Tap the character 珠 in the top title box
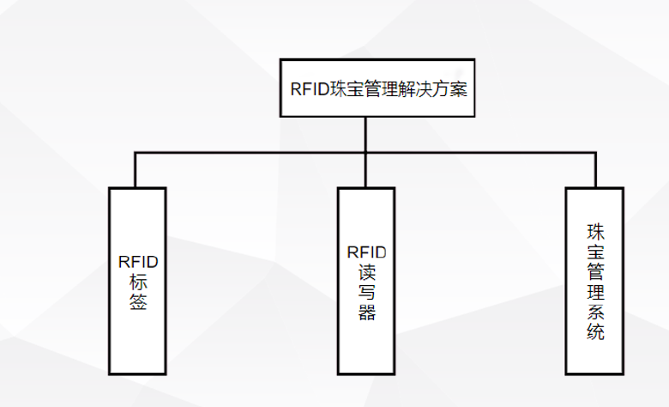click(x=341, y=88)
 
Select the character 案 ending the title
click(x=460, y=88)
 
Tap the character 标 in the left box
click(x=137, y=282)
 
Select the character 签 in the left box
click(x=137, y=302)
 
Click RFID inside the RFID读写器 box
click(x=366, y=252)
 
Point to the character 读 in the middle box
click(x=366, y=272)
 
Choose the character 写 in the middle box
click(x=366, y=293)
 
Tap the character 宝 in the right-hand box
click(x=595, y=252)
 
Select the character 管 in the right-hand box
click(x=595, y=272)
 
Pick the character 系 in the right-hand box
click(x=595, y=313)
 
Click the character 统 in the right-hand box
click(x=595, y=332)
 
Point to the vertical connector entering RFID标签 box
click(x=135, y=170)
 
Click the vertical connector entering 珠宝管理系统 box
click(x=594, y=170)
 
